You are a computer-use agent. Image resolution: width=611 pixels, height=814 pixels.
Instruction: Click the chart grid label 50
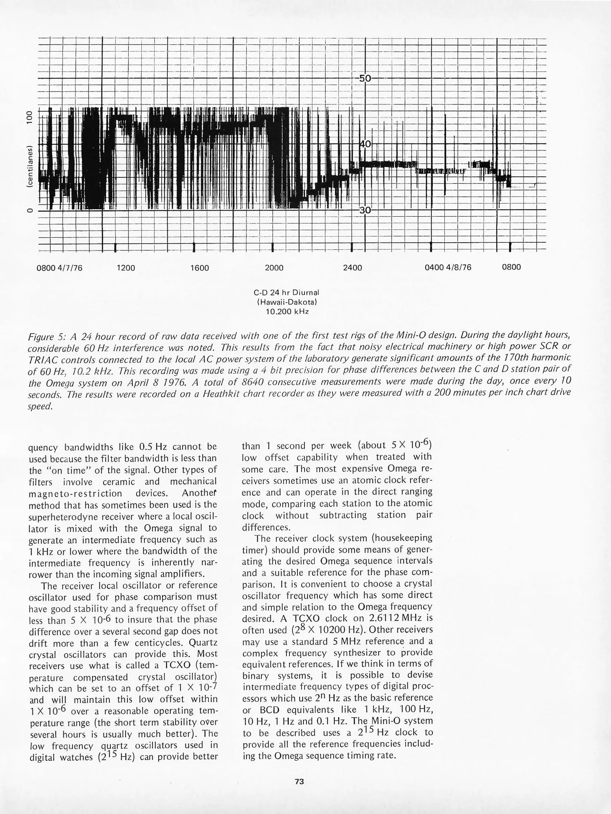(365, 78)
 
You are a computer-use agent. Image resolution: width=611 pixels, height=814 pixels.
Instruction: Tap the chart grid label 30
(365, 210)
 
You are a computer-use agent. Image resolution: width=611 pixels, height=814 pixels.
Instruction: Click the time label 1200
(126, 268)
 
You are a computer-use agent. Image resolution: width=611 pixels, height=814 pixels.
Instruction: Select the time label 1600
(199, 268)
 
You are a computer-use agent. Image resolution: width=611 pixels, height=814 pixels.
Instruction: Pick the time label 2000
(274, 268)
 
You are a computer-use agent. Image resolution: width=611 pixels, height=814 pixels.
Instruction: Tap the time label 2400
(352, 268)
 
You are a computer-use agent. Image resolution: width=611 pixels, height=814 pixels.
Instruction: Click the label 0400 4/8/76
(448, 268)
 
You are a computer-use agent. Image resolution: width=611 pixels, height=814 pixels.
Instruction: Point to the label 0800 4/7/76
(59, 268)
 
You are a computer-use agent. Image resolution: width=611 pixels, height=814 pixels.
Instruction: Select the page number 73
(299, 781)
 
